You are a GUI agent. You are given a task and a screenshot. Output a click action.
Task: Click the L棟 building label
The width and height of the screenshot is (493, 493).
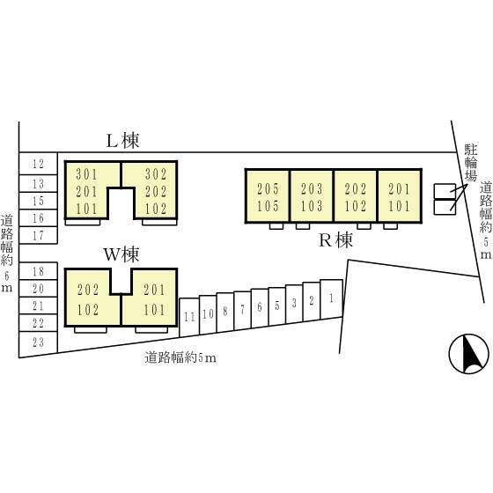click(122, 141)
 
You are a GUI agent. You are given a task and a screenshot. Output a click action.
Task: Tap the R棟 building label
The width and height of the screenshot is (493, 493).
click(335, 241)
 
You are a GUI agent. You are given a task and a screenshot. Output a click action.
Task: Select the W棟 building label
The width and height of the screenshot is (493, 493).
click(121, 254)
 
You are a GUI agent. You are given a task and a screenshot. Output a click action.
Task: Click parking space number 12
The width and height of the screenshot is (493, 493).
click(39, 164)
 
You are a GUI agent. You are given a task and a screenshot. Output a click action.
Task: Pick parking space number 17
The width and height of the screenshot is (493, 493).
click(39, 236)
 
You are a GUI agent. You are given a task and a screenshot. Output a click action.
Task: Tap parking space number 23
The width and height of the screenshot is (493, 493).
click(39, 342)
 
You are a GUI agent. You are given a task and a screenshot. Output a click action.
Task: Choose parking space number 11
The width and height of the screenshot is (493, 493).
click(189, 317)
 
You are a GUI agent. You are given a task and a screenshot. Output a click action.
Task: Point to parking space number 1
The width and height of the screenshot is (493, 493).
click(331, 298)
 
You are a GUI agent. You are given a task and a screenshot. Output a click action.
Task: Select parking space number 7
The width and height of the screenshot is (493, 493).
click(242, 310)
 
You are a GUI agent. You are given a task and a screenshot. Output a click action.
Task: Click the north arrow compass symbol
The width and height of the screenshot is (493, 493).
click(468, 354)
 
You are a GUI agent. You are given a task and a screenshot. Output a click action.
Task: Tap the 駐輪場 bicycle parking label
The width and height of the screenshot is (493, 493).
click(471, 163)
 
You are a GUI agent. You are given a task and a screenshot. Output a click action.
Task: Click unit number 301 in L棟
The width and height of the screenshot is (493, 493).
click(87, 174)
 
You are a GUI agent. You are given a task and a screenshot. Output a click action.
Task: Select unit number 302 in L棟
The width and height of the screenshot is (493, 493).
click(156, 174)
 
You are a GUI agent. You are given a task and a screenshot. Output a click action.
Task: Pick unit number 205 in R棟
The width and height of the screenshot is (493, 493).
click(268, 189)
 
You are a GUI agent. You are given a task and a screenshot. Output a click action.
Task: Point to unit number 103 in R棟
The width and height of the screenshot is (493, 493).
click(312, 206)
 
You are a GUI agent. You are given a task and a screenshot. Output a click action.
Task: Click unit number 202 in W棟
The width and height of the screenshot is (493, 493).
click(88, 290)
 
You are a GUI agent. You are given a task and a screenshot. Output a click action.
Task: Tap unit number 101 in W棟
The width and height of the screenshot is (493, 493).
click(154, 310)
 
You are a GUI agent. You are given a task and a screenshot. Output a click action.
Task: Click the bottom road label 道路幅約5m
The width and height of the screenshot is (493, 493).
click(180, 357)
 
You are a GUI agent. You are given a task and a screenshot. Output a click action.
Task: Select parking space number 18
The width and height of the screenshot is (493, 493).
click(39, 271)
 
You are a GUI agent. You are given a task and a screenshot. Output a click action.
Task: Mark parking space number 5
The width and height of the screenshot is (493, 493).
click(277, 305)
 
